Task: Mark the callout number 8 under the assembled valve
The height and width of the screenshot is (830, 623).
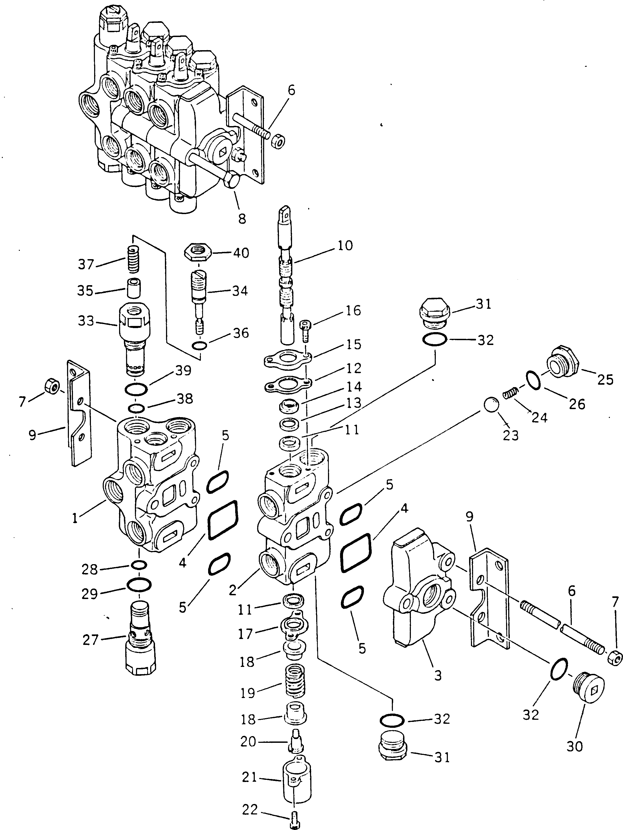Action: tap(242, 219)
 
